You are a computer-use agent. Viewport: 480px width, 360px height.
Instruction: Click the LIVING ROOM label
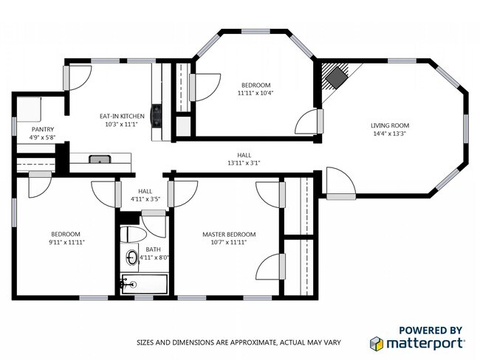[x=389, y=125]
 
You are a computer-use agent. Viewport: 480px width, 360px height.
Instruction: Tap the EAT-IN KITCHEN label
[x=122, y=117]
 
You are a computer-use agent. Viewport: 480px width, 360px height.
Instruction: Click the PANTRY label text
[x=41, y=129]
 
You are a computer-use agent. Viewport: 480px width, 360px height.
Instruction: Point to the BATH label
[x=153, y=249]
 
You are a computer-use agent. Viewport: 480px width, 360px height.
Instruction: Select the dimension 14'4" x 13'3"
[x=389, y=134]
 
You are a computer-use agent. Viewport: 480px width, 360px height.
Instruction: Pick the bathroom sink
[x=131, y=258]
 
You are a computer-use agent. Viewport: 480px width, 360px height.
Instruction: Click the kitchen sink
[x=99, y=159]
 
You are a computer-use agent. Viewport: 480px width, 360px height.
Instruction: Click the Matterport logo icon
[x=377, y=343]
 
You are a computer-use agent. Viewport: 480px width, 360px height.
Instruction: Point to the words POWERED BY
[x=431, y=330]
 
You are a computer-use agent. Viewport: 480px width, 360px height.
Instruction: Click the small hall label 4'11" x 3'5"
[x=145, y=199]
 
